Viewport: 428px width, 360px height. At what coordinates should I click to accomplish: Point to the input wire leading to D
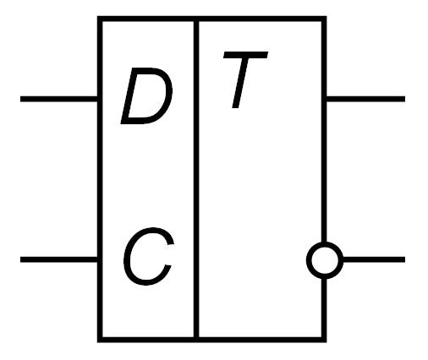59,99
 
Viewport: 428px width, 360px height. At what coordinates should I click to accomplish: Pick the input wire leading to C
59,259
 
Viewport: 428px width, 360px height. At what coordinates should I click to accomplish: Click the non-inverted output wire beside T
365,99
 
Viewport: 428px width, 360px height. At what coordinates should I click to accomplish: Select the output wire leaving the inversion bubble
374,259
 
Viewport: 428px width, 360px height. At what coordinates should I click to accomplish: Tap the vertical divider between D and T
196,179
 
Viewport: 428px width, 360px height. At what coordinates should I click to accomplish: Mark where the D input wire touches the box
97,99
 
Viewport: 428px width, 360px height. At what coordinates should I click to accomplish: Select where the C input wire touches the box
97,259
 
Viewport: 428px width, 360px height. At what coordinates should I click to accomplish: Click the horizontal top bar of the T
245,55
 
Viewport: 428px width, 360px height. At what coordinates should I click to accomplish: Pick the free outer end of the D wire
20,99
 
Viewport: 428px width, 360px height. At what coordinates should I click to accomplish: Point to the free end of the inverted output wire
405,259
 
